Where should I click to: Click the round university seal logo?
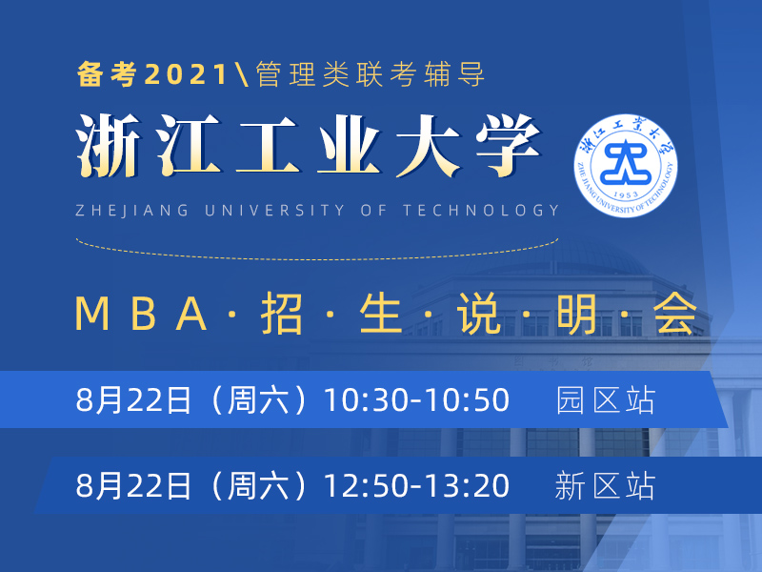tap(626, 165)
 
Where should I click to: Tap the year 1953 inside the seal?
tap(626, 195)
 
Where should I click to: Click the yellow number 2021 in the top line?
tap(186, 74)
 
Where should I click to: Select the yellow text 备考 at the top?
tap(107, 74)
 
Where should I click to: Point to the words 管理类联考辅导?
tap(371, 74)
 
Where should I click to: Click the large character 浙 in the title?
tap(108, 146)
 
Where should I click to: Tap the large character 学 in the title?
tap(509, 146)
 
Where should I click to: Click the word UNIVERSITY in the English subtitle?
tap(274, 210)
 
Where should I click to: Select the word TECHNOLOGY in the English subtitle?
tap(481, 210)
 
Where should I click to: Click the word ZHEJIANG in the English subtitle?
tap(132, 210)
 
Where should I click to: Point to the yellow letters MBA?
tap(141, 314)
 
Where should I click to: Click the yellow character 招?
tap(282, 314)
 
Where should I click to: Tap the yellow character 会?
tap(675, 314)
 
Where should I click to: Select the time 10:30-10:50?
tap(416, 400)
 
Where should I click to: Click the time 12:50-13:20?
tap(416, 485)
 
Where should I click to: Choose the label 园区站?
tap(606, 400)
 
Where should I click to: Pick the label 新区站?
tap(606, 485)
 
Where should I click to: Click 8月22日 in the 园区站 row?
tap(133, 400)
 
